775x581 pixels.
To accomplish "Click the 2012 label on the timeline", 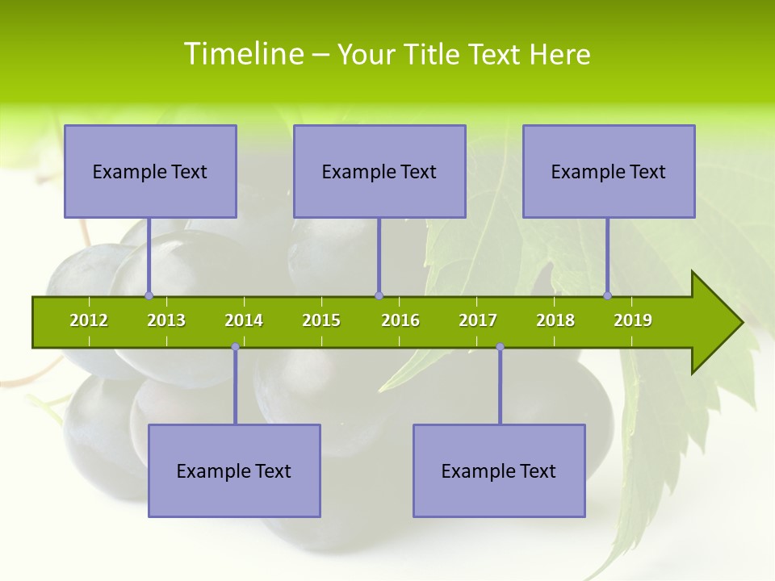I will pyautogui.click(x=89, y=320).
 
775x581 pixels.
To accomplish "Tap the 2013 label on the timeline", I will pyautogui.click(x=166, y=320).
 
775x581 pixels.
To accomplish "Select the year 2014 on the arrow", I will pyautogui.click(x=244, y=320).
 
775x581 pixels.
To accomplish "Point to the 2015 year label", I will pyautogui.click(x=321, y=320).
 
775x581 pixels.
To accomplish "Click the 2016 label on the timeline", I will pyautogui.click(x=400, y=320).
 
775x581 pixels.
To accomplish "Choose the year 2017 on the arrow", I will pyautogui.click(x=478, y=320).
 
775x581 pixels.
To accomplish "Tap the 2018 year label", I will pyautogui.click(x=555, y=320).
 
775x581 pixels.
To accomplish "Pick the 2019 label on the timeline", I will pyautogui.click(x=633, y=320).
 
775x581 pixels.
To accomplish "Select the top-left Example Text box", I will pyautogui.click(x=150, y=171).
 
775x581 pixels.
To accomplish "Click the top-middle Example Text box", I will pyautogui.click(x=379, y=171).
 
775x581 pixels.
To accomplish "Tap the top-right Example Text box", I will pyautogui.click(x=609, y=171).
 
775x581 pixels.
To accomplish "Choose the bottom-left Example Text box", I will pyautogui.click(x=234, y=470).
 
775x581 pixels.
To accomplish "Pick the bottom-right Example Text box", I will pyautogui.click(x=499, y=470).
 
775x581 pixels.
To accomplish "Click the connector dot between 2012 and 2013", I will pyautogui.click(x=149, y=295).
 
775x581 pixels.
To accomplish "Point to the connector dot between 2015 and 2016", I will pyautogui.click(x=379, y=295).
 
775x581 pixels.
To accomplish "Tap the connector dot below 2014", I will pyautogui.click(x=235, y=347).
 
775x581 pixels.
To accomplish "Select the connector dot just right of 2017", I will pyautogui.click(x=500, y=347).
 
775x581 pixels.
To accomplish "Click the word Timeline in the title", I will pyautogui.click(x=242, y=54).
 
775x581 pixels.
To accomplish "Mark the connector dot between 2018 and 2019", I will pyautogui.click(x=608, y=295).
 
